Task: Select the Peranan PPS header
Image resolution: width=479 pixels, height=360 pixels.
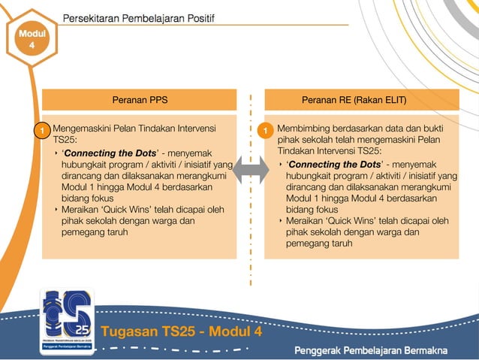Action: (140, 100)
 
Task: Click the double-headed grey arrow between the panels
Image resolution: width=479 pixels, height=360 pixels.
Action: (250, 171)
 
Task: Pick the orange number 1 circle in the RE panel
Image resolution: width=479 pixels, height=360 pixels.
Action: (266, 132)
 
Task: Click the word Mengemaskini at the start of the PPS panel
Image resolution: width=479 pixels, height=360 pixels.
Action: (82, 129)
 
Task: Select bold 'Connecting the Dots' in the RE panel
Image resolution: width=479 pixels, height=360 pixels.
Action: (334, 165)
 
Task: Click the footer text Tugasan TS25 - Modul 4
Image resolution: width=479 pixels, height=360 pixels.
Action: (182, 331)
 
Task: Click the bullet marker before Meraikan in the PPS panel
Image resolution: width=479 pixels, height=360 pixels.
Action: (57, 210)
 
